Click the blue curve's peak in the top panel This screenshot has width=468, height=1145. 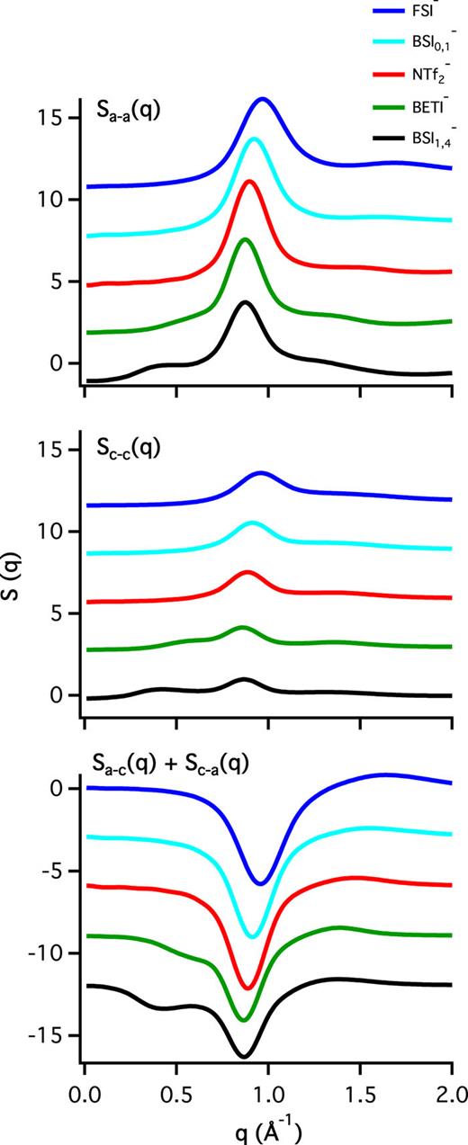point(263,99)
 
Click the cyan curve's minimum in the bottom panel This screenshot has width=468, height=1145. point(253,936)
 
